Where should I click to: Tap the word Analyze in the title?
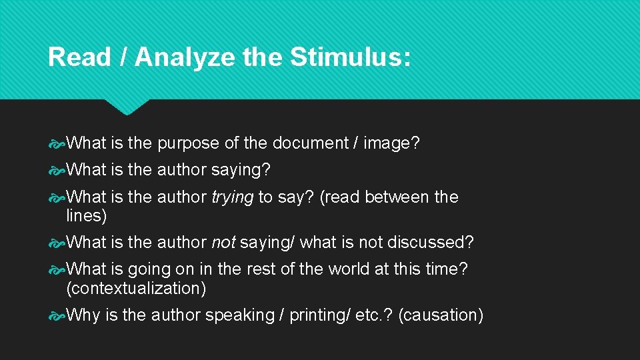pyautogui.click(x=185, y=57)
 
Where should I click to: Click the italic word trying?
pyautogui.click(x=233, y=197)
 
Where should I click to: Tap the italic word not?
pyautogui.click(x=223, y=242)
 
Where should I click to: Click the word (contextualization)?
pyautogui.click(x=136, y=289)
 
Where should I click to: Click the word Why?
pyautogui.click(x=83, y=315)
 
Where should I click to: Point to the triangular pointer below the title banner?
pyautogui.click(x=127, y=107)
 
